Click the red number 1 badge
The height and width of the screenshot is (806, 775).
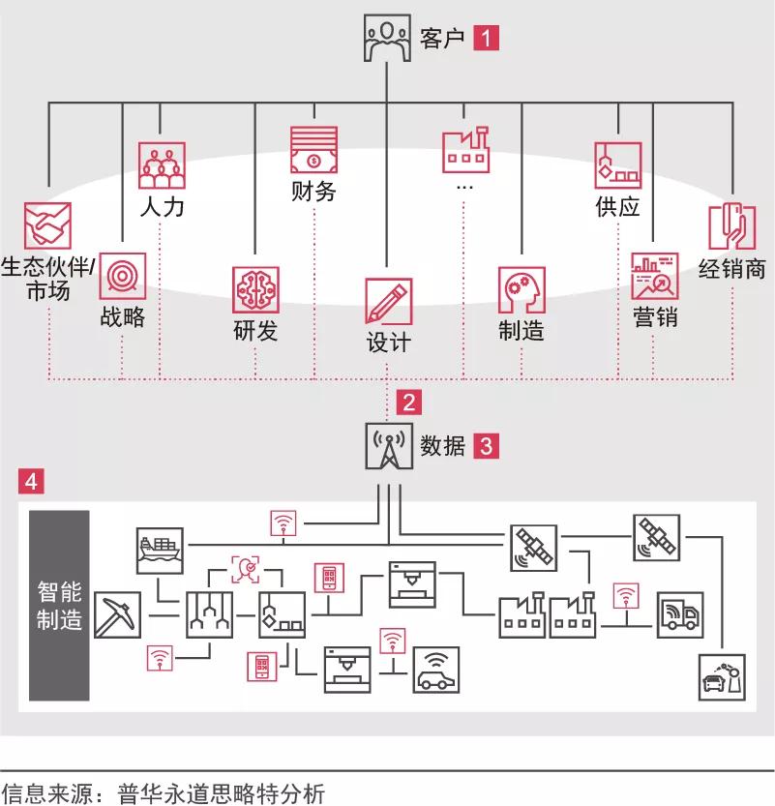click(x=486, y=38)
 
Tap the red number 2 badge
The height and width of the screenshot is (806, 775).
click(x=409, y=402)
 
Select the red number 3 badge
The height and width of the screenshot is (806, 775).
click(x=486, y=446)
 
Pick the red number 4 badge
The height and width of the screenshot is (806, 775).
click(x=31, y=481)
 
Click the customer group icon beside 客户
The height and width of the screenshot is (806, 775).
click(x=387, y=38)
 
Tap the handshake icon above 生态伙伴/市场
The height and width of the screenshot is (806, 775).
click(x=47, y=225)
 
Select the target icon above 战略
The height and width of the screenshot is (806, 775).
click(x=122, y=276)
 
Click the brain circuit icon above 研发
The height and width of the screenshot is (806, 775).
click(x=255, y=290)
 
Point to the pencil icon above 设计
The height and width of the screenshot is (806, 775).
click(x=389, y=301)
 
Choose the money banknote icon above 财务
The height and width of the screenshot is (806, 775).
click(x=314, y=150)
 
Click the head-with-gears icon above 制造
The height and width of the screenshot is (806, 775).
click(x=522, y=290)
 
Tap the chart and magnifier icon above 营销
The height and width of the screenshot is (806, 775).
click(x=655, y=276)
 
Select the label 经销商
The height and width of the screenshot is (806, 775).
click(x=731, y=269)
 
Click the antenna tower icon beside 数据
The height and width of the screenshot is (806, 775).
click(x=389, y=446)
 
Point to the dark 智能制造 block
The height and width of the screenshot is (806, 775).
click(x=59, y=606)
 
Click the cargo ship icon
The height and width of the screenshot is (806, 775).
click(x=160, y=551)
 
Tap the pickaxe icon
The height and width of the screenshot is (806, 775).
click(x=118, y=615)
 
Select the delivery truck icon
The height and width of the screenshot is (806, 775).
click(x=680, y=615)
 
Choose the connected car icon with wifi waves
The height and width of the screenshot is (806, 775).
click(x=436, y=670)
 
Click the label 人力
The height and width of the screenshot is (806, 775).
click(x=162, y=207)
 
